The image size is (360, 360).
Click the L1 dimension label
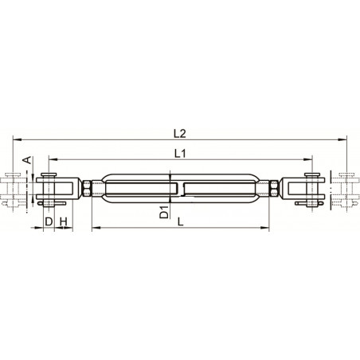[179, 151]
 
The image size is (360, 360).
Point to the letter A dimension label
[26, 161]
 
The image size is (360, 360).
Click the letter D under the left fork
[49, 220]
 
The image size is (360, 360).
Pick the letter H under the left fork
[63, 220]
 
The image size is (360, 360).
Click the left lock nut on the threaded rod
[87, 189]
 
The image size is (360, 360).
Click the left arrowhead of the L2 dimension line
[17, 139]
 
